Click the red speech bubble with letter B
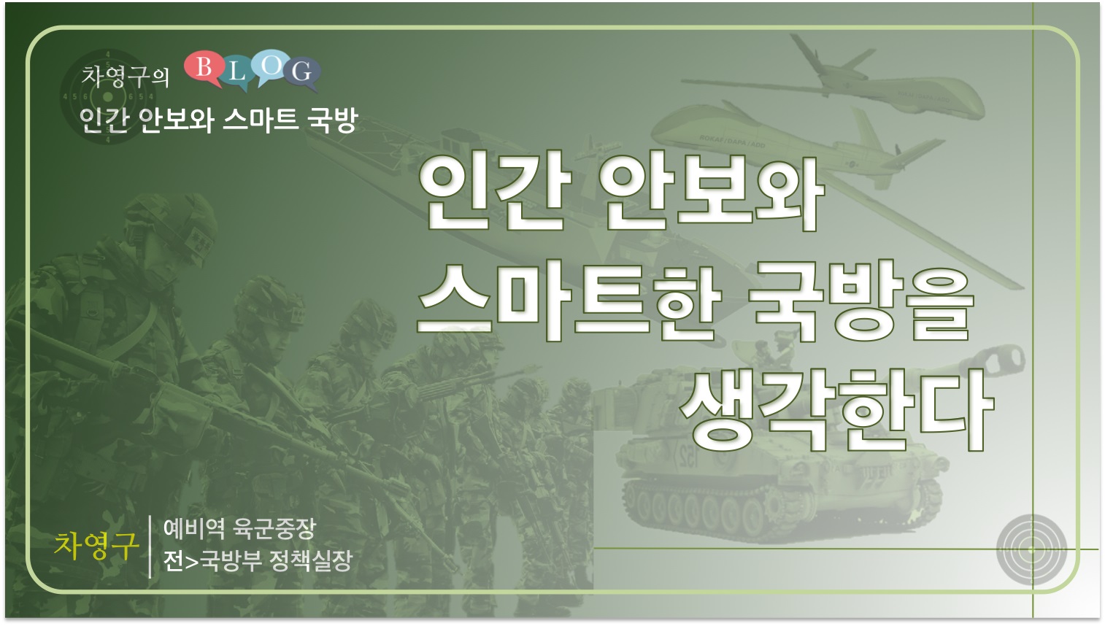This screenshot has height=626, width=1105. (x=203, y=68)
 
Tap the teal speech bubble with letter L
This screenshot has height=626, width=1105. (x=236, y=74)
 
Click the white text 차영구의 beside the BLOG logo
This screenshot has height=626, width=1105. (x=126, y=77)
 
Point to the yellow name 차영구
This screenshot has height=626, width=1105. (x=96, y=546)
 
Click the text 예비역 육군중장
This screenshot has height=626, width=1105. (x=239, y=529)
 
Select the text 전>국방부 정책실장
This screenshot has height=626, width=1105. (x=258, y=560)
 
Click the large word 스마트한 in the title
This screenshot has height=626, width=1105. (x=568, y=302)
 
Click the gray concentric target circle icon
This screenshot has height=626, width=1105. (x=1031, y=549)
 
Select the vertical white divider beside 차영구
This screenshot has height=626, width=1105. (x=150, y=546)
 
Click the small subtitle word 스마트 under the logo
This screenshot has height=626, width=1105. (x=261, y=120)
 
